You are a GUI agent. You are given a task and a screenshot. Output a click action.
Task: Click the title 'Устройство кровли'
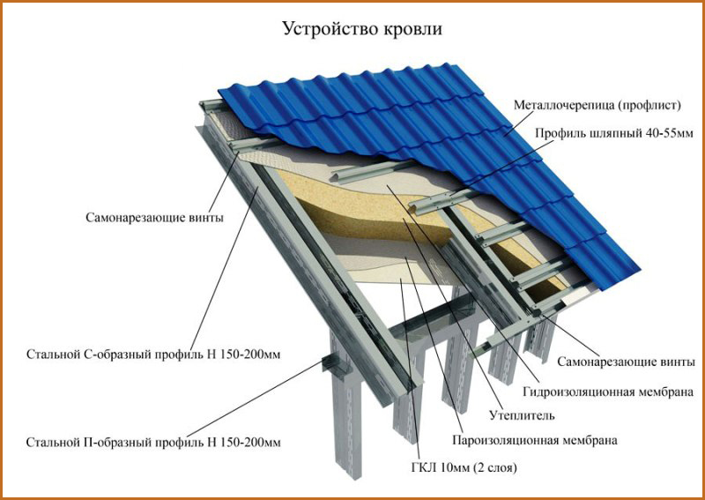click(362, 29)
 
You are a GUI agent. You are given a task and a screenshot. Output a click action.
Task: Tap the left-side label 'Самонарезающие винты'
click(155, 219)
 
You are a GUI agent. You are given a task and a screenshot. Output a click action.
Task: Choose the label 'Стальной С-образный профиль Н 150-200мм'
click(153, 354)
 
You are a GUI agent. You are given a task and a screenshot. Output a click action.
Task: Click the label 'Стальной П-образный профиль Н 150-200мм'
click(153, 443)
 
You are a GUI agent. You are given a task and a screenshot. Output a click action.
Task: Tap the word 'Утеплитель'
click(522, 415)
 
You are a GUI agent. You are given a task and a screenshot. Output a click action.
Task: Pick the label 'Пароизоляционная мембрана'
click(535, 440)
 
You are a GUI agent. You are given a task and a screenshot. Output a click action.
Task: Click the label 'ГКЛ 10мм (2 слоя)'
click(464, 468)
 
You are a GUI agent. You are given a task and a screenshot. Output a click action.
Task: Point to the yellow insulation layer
click(360, 203)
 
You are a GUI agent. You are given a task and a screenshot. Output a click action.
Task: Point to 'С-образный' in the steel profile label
click(119, 354)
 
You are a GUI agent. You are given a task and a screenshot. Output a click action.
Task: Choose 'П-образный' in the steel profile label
click(119, 443)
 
